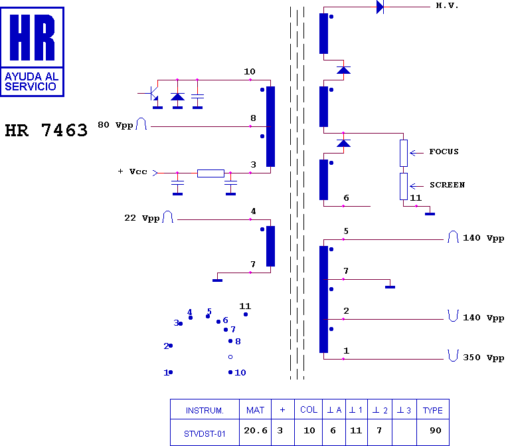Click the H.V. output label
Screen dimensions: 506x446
447,5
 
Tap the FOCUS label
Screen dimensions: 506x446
444,152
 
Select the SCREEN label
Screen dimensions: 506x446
447,185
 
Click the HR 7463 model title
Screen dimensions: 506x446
46,130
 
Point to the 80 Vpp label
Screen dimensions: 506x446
115,125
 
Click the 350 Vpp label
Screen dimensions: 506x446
483,358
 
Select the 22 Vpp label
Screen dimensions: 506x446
142,218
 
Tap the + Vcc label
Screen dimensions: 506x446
133,171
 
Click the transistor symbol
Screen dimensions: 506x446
151,94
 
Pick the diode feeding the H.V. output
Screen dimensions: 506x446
380,7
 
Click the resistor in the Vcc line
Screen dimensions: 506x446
211,173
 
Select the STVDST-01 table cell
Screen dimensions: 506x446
205,432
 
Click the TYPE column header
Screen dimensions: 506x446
433,409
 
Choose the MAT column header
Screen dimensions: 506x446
255,409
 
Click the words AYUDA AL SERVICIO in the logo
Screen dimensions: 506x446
32,81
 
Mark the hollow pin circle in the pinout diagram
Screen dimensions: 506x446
230,357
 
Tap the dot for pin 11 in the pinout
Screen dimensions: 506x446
246,314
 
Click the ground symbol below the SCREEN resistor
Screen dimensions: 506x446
430,214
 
